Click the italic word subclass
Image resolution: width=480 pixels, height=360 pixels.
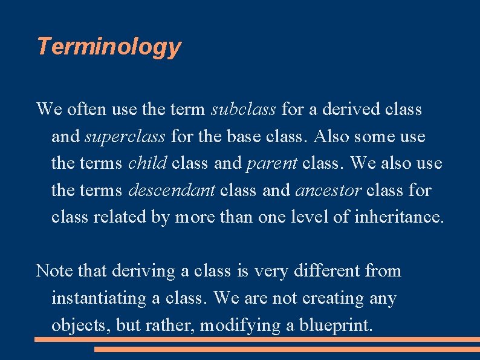[x=243, y=110]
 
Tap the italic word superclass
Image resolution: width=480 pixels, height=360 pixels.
[x=125, y=136]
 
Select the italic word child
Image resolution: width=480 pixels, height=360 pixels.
[x=148, y=163]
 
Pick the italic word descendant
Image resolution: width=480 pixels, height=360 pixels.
[x=172, y=190]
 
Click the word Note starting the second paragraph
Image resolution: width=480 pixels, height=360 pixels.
[x=54, y=270]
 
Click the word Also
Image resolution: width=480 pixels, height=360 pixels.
[x=331, y=136]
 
